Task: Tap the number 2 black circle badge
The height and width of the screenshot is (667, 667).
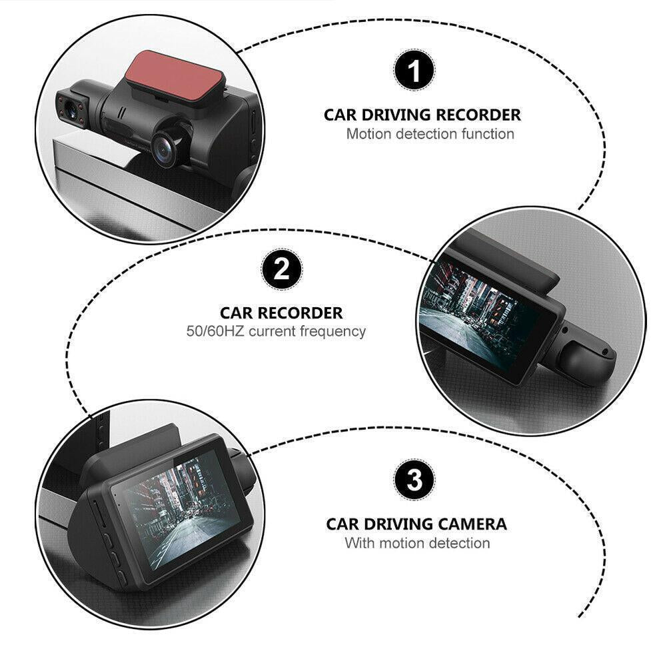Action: [x=281, y=270]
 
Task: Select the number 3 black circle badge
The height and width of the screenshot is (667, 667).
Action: [x=414, y=480]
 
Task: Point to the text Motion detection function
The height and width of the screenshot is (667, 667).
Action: [x=430, y=134]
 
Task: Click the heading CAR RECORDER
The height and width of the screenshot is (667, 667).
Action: [x=281, y=313]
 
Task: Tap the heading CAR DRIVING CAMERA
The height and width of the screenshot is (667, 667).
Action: [x=416, y=524]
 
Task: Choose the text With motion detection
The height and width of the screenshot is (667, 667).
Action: [x=417, y=543]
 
